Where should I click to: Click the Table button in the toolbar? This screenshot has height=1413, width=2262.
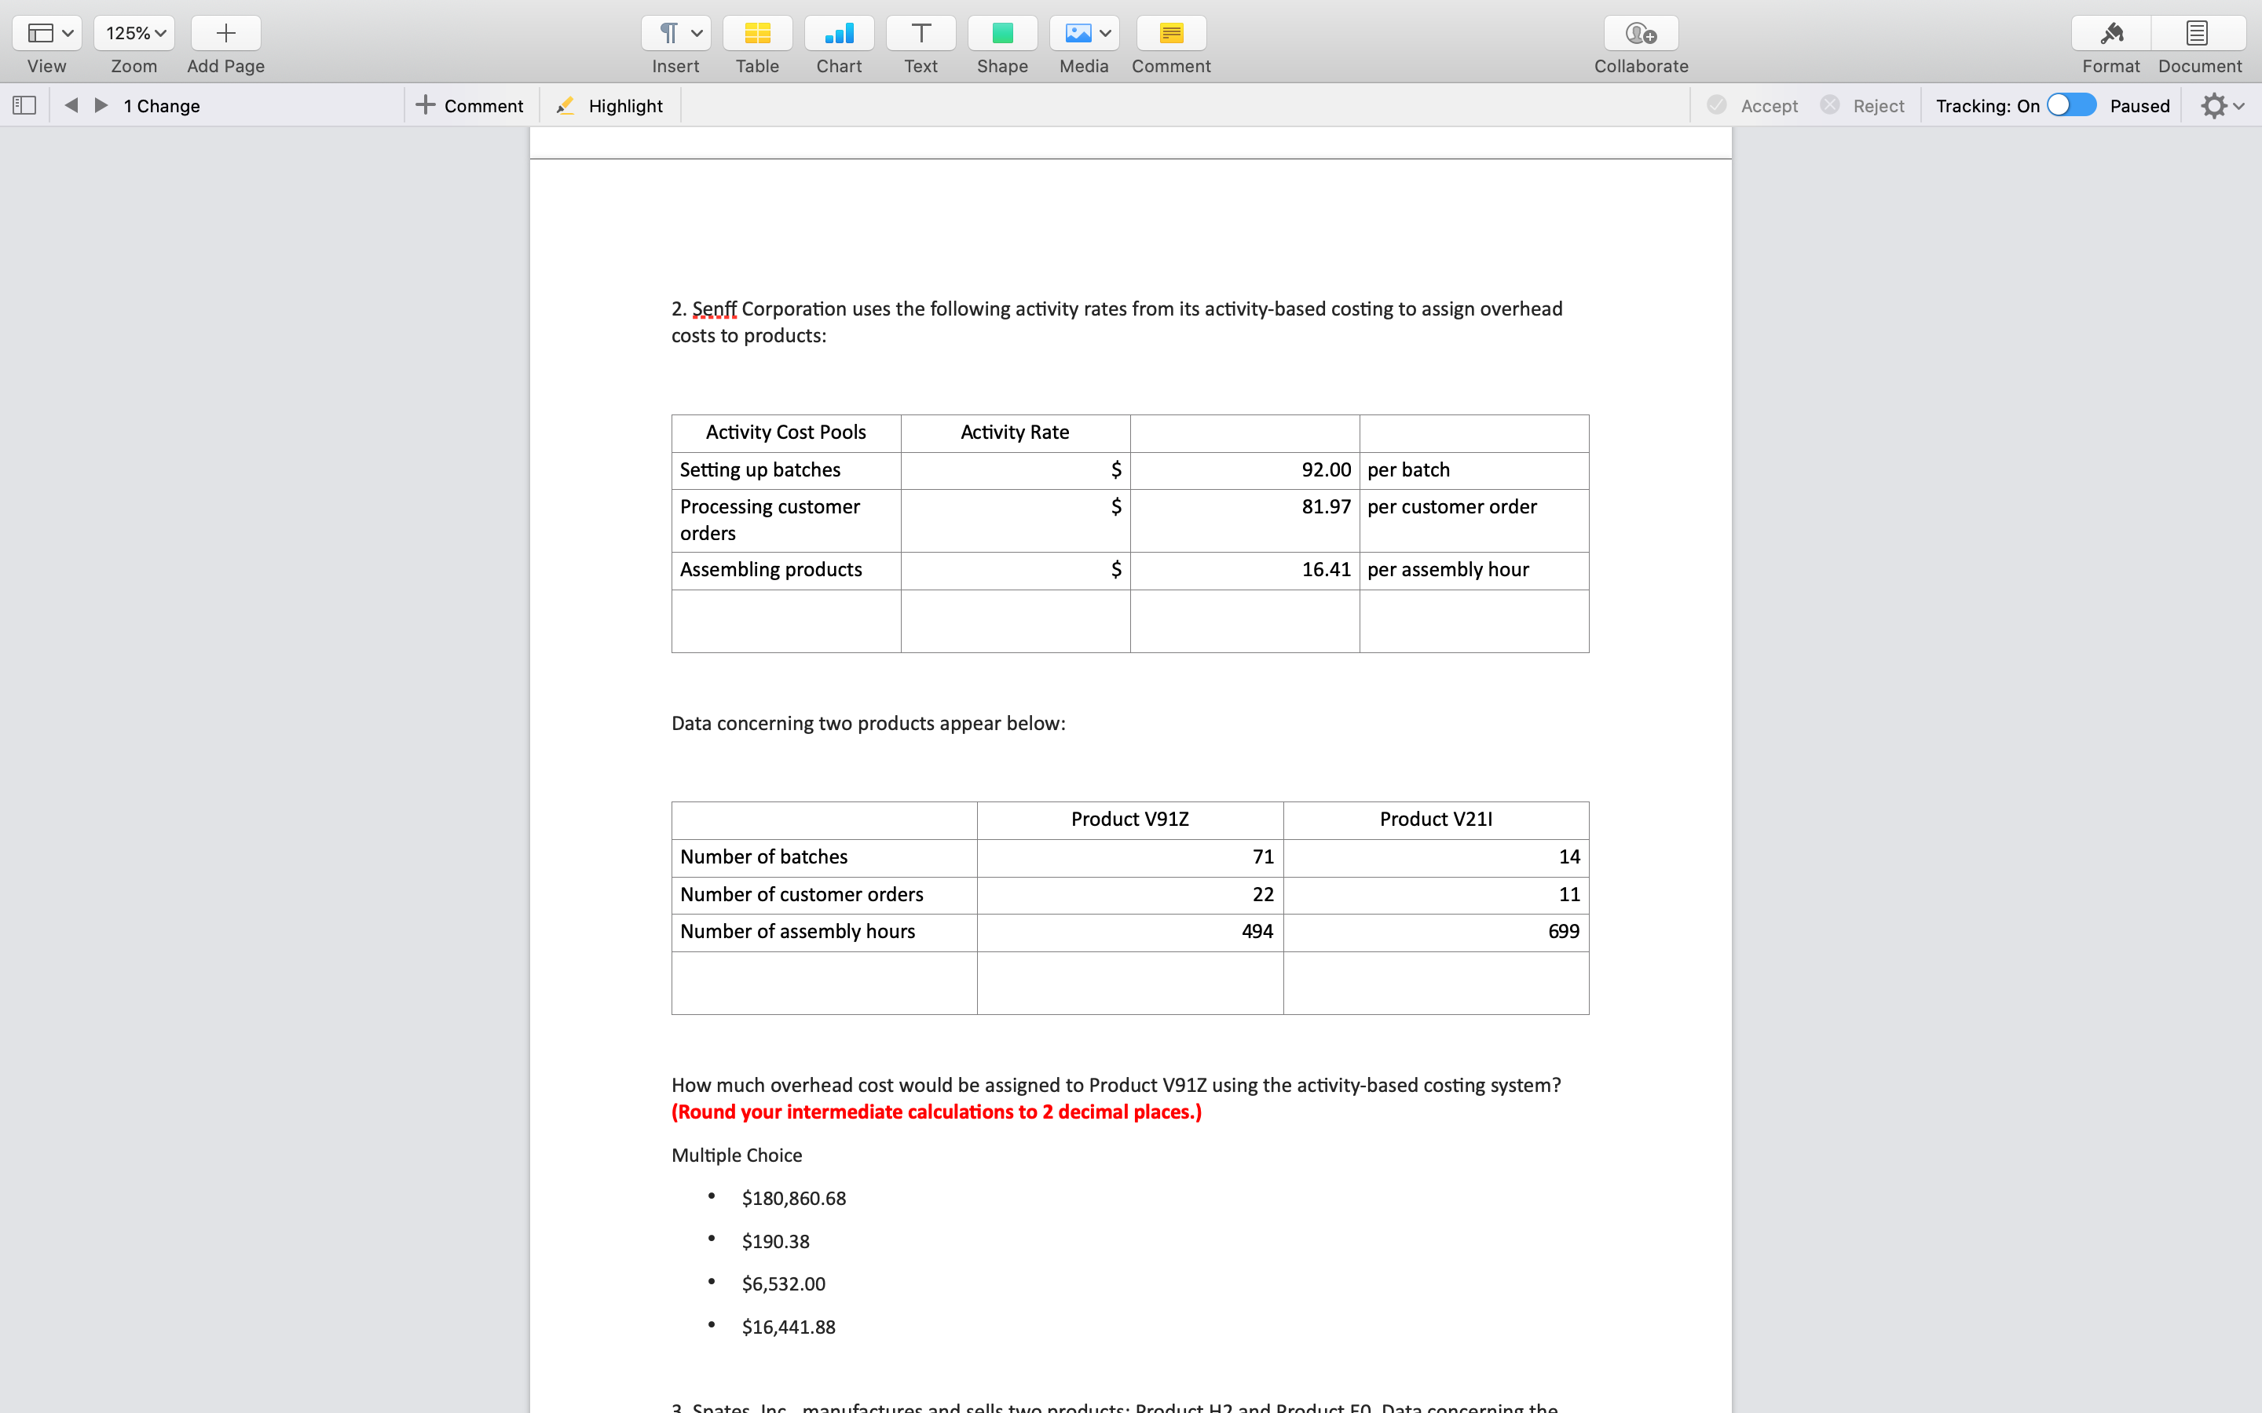point(757,34)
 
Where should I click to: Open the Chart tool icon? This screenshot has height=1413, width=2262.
point(839,34)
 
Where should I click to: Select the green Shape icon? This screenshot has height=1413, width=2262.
point(1002,34)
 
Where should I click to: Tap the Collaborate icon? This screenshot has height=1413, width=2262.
point(1641,34)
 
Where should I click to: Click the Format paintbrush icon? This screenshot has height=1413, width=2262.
point(2110,34)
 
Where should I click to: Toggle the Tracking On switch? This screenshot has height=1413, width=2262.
point(2070,104)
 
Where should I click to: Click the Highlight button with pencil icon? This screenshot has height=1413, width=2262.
point(609,106)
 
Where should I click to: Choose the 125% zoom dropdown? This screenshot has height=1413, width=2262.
point(134,34)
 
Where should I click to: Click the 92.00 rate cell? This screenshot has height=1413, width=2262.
point(1326,470)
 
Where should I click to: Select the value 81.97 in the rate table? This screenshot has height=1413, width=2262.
point(1326,506)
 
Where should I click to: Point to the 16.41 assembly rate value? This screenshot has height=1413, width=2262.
point(1326,570)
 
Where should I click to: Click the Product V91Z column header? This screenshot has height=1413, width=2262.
point(1129,820)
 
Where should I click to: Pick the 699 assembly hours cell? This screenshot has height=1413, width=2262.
point(1563,932)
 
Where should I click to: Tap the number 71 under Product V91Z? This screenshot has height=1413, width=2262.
point(1263,857)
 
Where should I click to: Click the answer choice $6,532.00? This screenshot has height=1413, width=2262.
point(783,1284)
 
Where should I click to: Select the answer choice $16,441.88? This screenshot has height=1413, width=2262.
point(788,1327)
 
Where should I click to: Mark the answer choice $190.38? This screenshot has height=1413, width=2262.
point(775,1241)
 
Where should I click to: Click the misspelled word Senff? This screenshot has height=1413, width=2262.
point(714,309)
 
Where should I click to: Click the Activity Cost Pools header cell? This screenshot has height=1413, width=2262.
point(785,433)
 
